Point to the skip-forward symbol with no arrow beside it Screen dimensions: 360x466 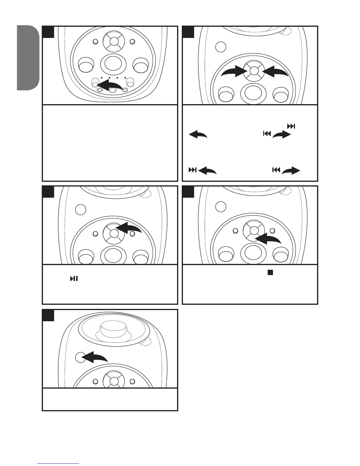click(x=291, y=126)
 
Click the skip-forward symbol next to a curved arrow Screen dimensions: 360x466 click(x=192, y=170)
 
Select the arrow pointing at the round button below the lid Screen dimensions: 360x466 click(x=95, y=357)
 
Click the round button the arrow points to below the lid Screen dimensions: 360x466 click(x=80, y=357)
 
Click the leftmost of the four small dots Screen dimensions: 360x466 click(x=101, y=78)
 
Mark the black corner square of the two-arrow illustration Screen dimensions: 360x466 click(x=188, y=32)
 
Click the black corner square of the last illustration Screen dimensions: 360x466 click(x=48, y=315)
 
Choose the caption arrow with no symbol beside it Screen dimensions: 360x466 click(x=198, y=135)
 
